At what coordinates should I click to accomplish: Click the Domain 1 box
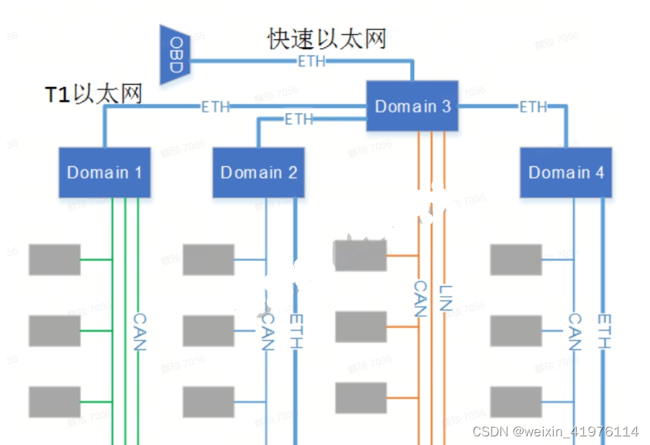[x=104, y=173]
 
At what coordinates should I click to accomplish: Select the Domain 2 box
[x=258, y=173]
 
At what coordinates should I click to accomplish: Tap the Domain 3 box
[x=412, y=106]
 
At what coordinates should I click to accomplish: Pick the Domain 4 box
[x=566, y=173]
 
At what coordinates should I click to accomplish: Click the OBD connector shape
[x=174, y=55]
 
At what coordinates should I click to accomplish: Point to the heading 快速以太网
[x=327, y=38]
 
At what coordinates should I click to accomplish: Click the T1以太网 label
[x=93, y=94]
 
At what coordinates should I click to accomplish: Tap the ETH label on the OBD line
[x=311, y=62]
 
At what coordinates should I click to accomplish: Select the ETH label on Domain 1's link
[x=215, y=107]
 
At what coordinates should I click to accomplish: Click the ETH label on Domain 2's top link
[x=299, y=119]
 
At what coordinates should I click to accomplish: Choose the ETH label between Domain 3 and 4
[x=533, y=107]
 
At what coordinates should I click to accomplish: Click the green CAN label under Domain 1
[x=139, y=331]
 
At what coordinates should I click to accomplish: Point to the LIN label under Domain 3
[x=444, y=297]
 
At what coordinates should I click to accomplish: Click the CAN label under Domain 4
[x=575, y=331]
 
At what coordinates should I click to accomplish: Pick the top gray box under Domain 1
[x=55, y=260]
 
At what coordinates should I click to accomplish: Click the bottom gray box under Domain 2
[x=209, y=402]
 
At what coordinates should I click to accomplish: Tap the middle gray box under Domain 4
[x=516, y=331]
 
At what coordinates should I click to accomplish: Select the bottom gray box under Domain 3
[x=362, y=398]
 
